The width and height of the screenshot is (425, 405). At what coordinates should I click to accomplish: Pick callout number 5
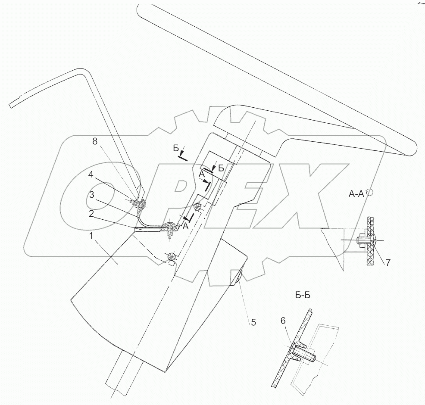coord(253,321)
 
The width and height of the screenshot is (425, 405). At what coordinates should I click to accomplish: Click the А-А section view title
coord(356,194)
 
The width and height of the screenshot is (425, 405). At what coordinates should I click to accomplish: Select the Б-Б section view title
coord(304,296)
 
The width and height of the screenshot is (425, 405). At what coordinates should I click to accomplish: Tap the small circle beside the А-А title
coord(370,193)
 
